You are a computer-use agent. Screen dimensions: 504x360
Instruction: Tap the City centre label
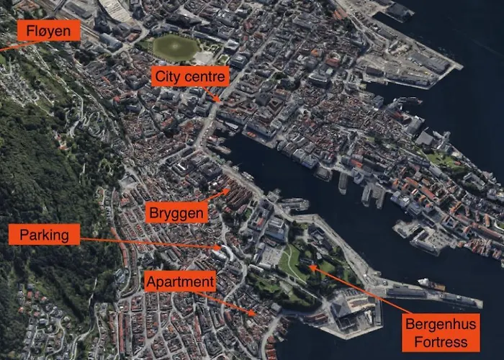191,76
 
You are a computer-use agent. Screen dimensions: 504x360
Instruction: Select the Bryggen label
177,212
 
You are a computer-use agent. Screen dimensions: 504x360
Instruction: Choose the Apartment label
179,282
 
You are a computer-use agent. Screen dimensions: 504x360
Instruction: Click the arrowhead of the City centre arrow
220,101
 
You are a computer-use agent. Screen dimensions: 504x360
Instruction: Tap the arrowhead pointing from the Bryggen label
230,191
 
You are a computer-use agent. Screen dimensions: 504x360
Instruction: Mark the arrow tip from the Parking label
222,248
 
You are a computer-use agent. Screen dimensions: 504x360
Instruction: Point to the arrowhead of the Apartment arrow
254,314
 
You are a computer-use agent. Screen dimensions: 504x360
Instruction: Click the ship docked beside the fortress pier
431,284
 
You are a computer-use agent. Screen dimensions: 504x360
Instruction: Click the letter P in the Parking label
24,234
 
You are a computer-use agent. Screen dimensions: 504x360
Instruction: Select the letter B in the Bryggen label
153,212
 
